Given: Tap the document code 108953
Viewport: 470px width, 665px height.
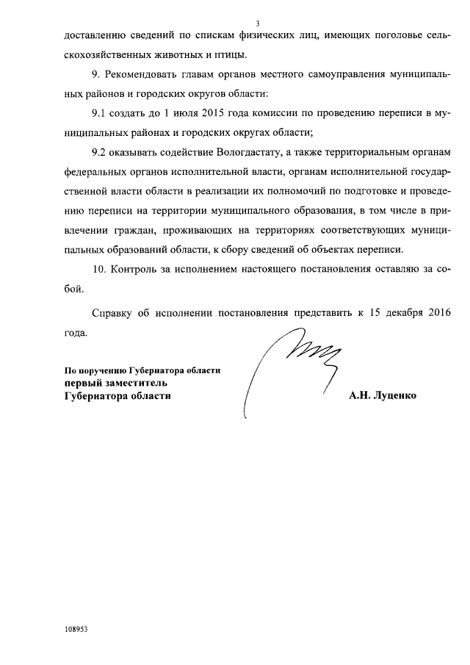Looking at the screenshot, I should pos(76,630).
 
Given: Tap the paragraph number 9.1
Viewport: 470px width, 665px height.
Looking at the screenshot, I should pos(100,114).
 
